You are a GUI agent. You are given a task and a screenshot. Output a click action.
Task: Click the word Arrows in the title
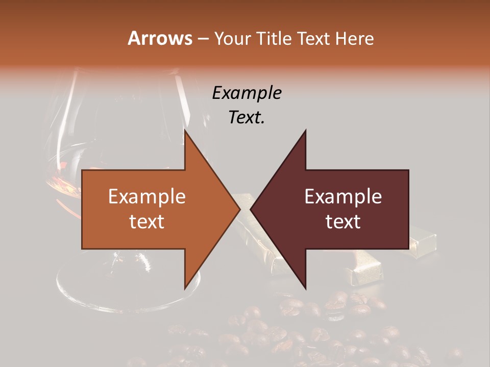pos(160,38)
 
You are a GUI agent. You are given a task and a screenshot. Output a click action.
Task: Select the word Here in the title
pos(355,38)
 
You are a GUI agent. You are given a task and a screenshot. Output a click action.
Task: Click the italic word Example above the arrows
pos(247,93)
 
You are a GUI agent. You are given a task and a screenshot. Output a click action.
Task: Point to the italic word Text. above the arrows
pos(247,118)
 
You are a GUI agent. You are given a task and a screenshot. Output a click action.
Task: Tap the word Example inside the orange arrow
pos(147,197)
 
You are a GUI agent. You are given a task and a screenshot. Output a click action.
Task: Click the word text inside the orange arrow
pos(147,222)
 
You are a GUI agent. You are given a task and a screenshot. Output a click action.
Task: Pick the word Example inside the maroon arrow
pos(343,197)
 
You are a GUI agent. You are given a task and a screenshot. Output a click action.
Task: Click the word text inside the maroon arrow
pos(343,222)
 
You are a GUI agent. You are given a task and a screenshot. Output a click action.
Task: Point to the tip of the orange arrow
pos(239,209)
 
